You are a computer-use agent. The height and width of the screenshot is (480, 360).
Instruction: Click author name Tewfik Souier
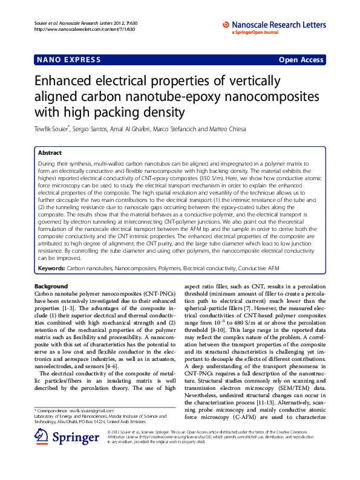[x=51, y=129]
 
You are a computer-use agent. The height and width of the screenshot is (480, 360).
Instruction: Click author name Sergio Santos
[x=90, y=129]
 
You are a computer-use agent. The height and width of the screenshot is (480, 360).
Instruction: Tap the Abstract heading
[x=50, y=154]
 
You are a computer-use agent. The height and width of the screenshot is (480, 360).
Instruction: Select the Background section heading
[x=51, y=286]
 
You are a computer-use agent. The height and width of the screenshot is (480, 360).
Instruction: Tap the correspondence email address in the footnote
[x=87, y=410]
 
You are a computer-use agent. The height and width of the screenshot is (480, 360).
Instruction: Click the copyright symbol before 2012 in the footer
[x=108, y=433]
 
